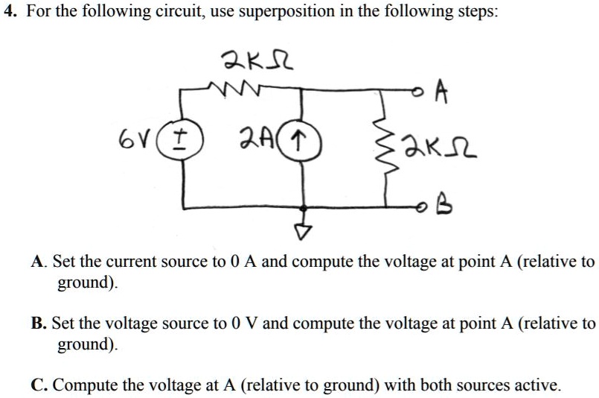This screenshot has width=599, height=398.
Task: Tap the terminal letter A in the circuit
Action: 441,93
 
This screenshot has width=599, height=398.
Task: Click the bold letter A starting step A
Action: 38,262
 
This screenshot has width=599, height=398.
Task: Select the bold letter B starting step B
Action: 38,323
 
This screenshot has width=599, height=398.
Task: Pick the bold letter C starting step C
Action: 38,385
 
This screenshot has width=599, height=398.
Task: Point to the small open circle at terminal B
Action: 423,208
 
